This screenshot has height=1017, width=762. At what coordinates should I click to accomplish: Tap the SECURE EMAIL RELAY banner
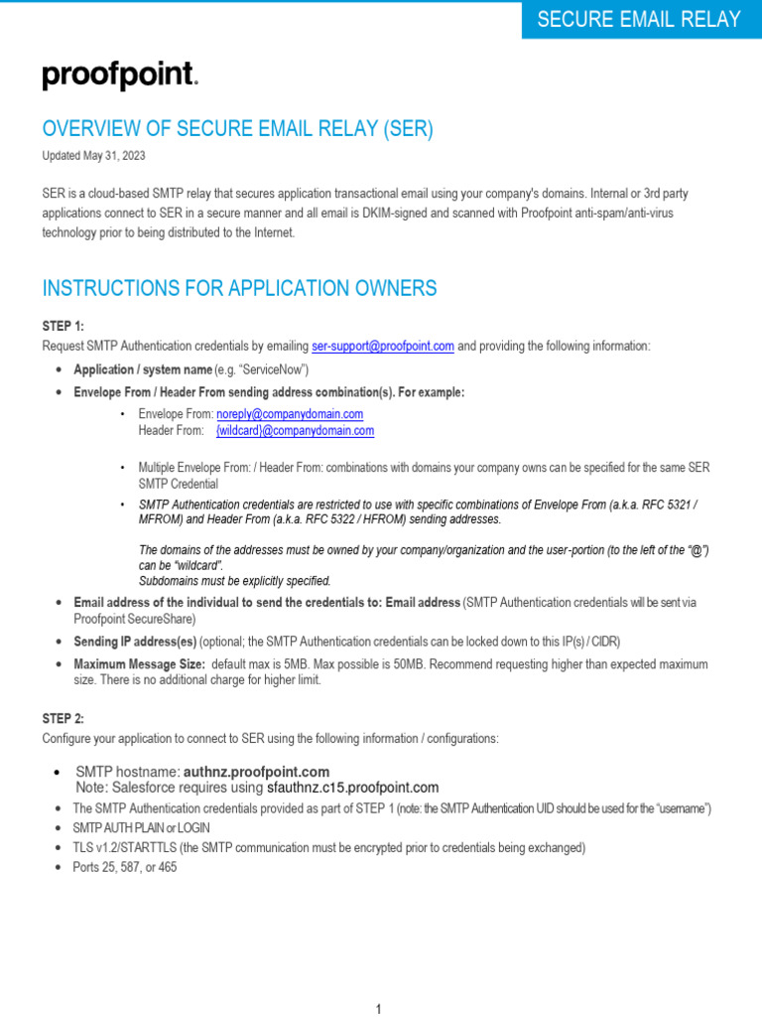point(638,19)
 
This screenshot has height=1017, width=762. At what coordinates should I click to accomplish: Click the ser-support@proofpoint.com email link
point(383,346)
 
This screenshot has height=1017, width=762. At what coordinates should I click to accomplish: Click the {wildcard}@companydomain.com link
point(295,430)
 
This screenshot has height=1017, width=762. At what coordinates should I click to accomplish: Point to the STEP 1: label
point(63,326)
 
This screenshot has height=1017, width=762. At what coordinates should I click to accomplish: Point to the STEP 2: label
point(63,718)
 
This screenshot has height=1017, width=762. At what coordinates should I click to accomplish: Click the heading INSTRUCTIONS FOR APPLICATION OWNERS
point(239,288)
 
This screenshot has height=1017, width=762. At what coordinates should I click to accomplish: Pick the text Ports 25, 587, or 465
point(125,867)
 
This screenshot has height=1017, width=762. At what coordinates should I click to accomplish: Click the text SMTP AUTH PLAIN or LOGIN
point(142,827)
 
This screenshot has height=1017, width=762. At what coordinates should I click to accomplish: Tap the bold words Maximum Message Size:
point(140,663)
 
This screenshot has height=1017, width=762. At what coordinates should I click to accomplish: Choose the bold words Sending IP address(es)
point(135,641)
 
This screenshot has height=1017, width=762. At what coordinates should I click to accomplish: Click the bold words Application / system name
point(143,369)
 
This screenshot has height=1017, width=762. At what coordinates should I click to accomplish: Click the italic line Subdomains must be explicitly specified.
point(235,580)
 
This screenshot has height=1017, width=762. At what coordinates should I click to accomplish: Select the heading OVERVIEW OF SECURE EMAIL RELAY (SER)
point(238,129)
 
